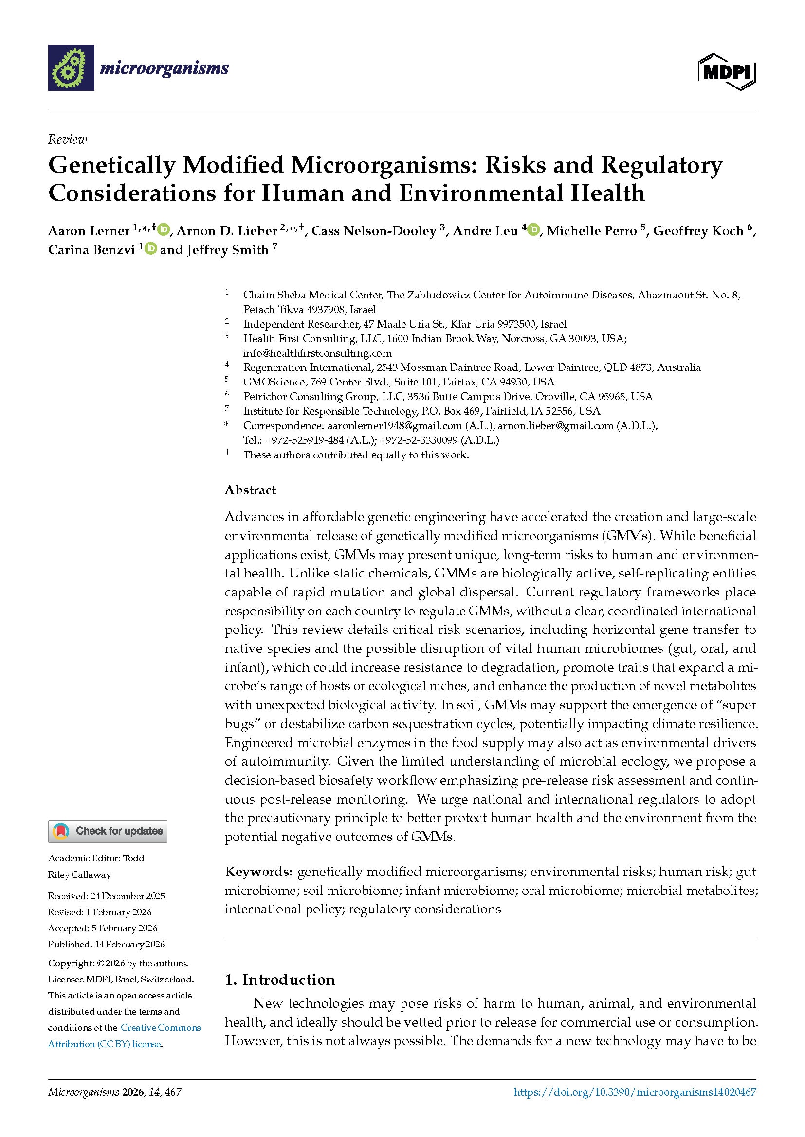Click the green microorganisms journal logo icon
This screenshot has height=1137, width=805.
[x=71, y=68]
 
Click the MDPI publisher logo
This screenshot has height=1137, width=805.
[x=727, y=72]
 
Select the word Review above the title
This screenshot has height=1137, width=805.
[x=68, y=140]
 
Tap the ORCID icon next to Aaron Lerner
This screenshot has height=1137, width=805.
[x=164, y=230]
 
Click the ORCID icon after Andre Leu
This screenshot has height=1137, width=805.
[x=533, y=230]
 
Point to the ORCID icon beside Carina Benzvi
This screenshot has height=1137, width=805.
[x=151, y=248]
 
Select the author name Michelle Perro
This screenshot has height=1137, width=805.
[x=591, y=231]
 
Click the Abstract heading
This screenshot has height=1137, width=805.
[x=250, y=490]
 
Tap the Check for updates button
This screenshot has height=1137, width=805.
[x=108, y=831]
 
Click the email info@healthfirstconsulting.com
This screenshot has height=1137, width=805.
[x=317, y=353]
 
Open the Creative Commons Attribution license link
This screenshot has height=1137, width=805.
[x=124, y=1035]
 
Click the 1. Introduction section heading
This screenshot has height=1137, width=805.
[x=279, y=980]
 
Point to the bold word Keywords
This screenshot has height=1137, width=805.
[x=258, y=872]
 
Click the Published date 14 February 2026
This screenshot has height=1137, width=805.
[x=128, y=945]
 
